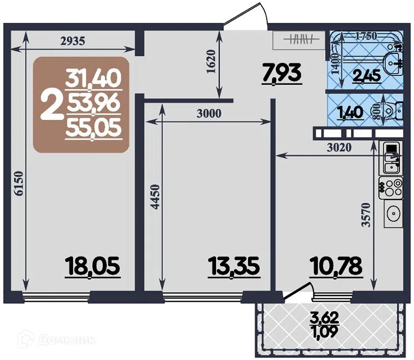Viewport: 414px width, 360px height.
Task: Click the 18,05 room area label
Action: pos(93,265)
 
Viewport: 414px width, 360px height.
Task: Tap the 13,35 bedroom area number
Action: pos(234,265)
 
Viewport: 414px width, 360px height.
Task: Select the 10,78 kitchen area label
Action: pos(336,265)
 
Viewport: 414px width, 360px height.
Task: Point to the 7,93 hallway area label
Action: pos(282,73)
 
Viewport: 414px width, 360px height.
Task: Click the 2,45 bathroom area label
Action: pos(367,76)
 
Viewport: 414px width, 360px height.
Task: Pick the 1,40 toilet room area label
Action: pos(350,112)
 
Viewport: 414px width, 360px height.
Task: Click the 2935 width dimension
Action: pos(73,41)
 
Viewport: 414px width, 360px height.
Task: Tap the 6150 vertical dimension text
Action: pos(19,183)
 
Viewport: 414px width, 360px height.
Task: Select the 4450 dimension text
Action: pos(155,197)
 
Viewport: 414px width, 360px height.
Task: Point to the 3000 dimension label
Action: pos(209,114)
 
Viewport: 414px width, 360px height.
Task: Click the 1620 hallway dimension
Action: pos(211,61)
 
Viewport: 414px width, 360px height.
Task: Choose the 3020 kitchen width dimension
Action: pos(339,147)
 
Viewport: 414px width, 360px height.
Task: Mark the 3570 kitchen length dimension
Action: pos(366,215)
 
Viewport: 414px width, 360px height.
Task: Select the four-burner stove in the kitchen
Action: pos(391,188)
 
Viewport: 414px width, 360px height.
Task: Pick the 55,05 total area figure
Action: pos(94,129)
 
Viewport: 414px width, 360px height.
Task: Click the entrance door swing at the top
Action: pos(246,16)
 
